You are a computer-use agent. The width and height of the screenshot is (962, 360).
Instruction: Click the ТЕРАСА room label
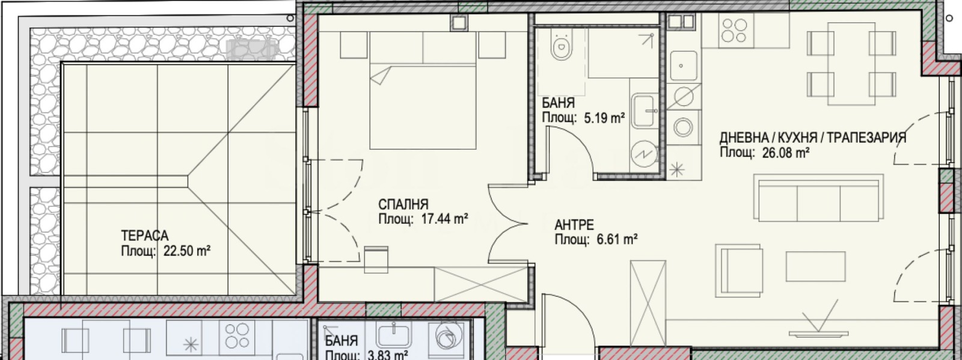(145, 236)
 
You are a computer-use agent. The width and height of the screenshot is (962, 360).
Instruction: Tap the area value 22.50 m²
(187, 251)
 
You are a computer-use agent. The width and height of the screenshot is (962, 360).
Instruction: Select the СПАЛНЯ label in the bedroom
(403, 204)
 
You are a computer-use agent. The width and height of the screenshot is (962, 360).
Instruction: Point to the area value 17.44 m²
(444, 219)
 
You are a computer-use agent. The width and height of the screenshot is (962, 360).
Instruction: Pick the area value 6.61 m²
(617, 239)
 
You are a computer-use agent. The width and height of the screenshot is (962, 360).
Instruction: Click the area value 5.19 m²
(604, 118)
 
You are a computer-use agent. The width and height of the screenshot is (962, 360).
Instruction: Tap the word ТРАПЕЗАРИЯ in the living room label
(866, 138)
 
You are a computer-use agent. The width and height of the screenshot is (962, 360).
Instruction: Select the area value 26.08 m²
(786, 153)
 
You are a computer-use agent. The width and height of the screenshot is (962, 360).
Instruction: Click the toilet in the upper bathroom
(562, 46)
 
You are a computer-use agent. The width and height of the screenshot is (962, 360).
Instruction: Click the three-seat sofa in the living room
(819, 198)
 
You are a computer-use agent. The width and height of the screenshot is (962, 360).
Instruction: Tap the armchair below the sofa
(739, 270)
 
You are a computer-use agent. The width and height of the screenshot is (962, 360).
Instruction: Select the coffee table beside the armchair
(815, 266)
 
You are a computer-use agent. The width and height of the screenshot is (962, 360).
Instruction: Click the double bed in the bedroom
(423, 91)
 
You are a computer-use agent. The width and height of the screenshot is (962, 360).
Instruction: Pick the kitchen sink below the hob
(683, 66)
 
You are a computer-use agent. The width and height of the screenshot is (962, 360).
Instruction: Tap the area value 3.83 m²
(388, 355)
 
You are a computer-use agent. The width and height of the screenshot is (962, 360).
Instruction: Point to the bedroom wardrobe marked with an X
(482, 284)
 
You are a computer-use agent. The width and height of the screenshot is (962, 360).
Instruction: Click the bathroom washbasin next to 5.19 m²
(645, 111)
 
